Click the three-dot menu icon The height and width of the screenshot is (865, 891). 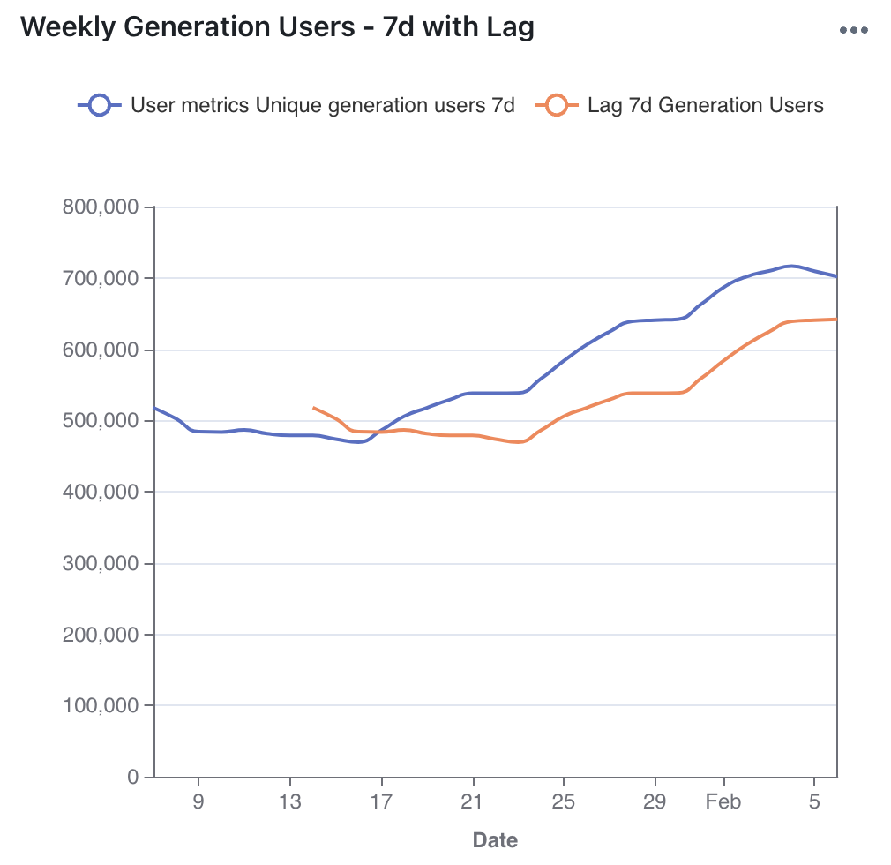click(x=854, y=30)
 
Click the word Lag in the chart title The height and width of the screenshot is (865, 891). click(x=509, y=27)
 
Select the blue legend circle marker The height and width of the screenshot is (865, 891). click(x=100, y=106)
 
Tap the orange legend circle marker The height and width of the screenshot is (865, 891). click(x=557, y=106)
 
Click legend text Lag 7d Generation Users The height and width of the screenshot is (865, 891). click(x=705, y=106)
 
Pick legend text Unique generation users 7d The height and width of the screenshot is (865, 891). click(x=384, y=106)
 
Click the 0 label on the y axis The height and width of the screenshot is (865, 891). click(x=133, y=777)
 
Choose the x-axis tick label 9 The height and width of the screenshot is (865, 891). click(x=198, y=802)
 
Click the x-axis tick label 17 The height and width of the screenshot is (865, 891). click(x=381, y=802)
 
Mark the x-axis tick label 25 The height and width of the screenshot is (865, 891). click(x=564, y=802)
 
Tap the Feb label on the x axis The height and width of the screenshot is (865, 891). click(x=723, y=802)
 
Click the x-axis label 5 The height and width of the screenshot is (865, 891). click(x=815, y=802)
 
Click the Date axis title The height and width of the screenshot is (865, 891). click(x=495, y=839)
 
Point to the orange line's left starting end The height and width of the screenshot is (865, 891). click(x=314, y=408)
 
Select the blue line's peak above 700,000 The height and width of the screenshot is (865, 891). click(x=791, y=266)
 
